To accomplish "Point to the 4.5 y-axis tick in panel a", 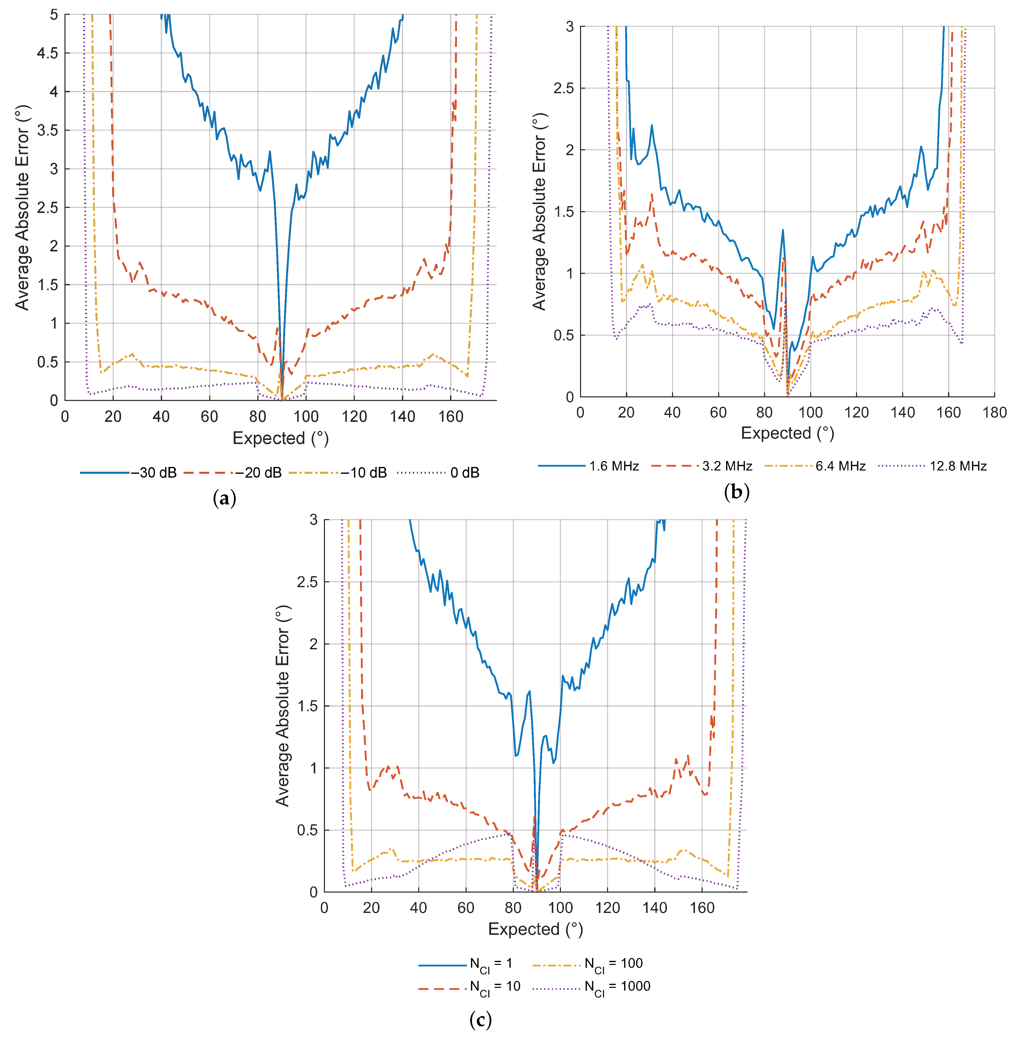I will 47,53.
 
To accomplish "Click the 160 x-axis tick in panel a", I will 451,416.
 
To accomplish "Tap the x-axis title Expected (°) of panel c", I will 535,929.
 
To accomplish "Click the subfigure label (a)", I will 224,498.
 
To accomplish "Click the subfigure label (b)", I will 737,492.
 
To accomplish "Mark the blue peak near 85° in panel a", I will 269,152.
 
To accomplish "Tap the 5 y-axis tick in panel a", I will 54,15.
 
